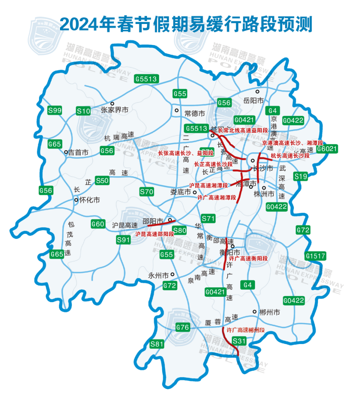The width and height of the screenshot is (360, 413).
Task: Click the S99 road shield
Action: point(55,111)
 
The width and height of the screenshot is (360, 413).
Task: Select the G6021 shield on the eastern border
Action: point(327,149)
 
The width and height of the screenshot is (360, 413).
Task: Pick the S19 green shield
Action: point(301,176)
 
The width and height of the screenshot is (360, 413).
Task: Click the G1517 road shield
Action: point(315,256)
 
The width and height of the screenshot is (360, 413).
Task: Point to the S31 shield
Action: point(239,341)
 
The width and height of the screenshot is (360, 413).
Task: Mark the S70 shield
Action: point(147,192)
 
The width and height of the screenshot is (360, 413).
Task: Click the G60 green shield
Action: point(98,224)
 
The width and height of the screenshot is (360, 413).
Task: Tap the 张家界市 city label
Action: point(115,110)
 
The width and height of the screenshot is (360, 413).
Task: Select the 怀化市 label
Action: point(90,200)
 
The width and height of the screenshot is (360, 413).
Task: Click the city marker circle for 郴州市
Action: point(255,311)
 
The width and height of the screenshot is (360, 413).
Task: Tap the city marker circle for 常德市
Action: point(176,110)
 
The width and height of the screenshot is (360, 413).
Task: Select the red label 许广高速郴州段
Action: point(246,330)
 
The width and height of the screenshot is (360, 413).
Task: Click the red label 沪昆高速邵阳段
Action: point(154,234)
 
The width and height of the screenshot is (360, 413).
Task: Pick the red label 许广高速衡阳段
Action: point(248,259)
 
